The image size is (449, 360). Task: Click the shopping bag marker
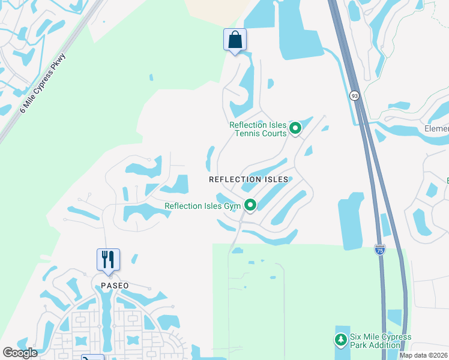click(235, 40)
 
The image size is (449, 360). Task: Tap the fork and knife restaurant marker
click(108, 260)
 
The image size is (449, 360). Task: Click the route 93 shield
click(355, 95)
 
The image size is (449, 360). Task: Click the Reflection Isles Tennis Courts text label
click(258, 129)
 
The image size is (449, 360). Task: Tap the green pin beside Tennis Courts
click(295, 128)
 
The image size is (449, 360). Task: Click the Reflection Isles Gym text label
click(202, 206)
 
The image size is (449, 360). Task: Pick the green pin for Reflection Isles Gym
click(250, 205)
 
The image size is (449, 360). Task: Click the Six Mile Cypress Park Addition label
click(381, 341)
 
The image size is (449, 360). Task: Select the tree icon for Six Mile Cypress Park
click(340, 340)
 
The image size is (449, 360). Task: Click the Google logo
click(20, 352)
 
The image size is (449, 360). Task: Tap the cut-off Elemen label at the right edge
click(437, 128)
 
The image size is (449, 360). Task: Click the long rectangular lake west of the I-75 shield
click(351, 221)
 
